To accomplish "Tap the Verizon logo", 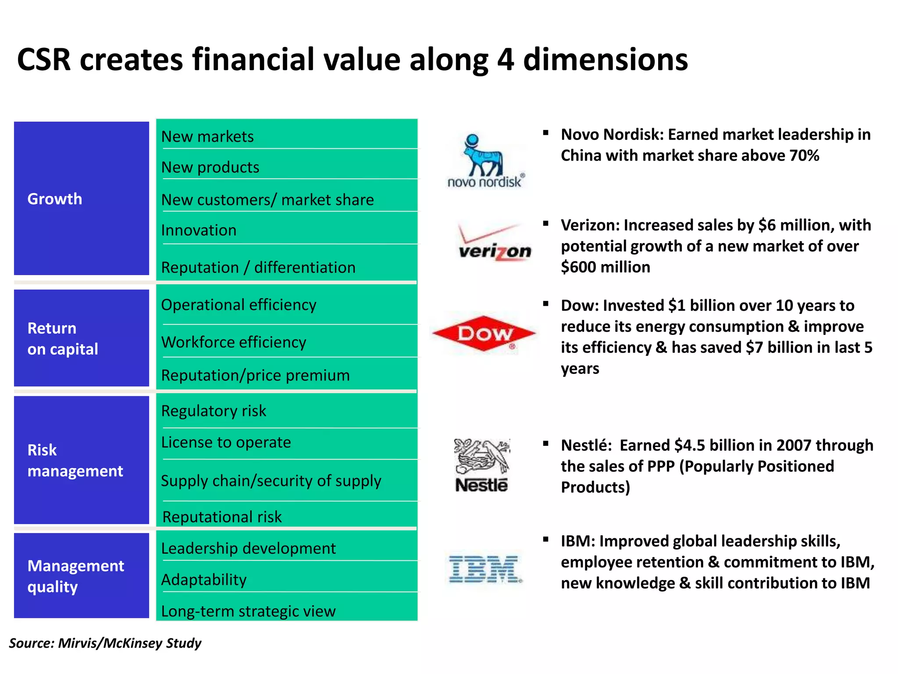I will pos(494,244).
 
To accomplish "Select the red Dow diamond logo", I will pos(484,333).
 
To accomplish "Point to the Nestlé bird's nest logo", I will pos(482,465).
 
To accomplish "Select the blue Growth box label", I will pos(55,199).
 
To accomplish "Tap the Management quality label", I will pos(75,576).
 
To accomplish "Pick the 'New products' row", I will pos(210,167).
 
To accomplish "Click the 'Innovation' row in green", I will pos(199,230).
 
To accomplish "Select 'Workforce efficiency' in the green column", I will pos(234,342).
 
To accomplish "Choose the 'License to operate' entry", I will pos(226,442).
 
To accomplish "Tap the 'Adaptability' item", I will pos(204,580).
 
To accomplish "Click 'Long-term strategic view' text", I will pos(248,611).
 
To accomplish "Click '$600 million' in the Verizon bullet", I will pos(605,267).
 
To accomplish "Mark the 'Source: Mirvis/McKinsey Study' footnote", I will pos(105,643).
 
